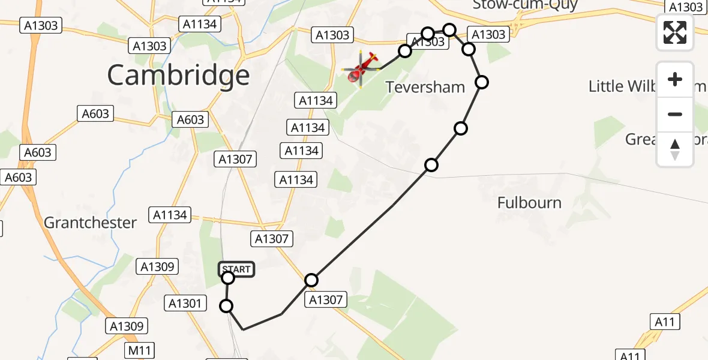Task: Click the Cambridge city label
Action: coord(178,75)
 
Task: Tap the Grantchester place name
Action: coord(90,223)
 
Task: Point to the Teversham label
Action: coord(425,87)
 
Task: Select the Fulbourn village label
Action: coord(529,203)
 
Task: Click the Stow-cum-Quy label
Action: coord(524,5)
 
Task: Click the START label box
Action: coord(237,269)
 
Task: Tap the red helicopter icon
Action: coord(361,68)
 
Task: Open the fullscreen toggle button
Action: coord(675,32)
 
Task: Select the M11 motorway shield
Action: coord(140,350)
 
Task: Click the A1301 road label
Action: coord(186,304)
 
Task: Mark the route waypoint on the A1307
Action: coord(311,280)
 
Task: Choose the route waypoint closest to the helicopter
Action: coord(405,50)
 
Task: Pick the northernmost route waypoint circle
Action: coord(449,29)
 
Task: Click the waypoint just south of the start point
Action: coord(226,306)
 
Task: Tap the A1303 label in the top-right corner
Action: coord(686,7)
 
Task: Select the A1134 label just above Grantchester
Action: coord(170,215)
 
